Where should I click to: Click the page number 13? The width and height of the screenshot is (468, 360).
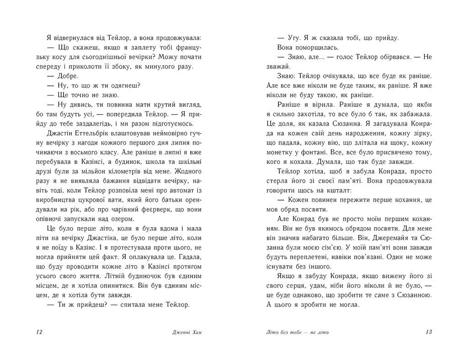tap(428, 332)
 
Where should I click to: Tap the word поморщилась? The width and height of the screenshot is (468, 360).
tap(309, 48)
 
